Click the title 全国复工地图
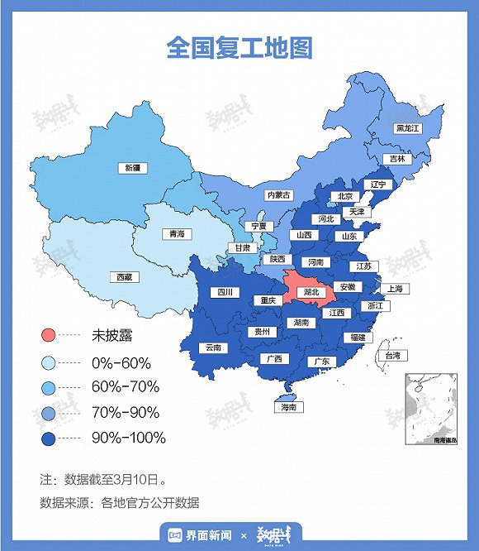pos(239,47)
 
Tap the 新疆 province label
pos(133,168)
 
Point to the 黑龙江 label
pos(408,128)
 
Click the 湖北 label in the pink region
pos(311,292)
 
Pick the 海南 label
pos(287,407)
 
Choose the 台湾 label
pos(393,356)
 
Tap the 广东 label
pos(321,362)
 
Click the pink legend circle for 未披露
pos(48,336)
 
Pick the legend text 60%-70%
pos(126,386)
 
